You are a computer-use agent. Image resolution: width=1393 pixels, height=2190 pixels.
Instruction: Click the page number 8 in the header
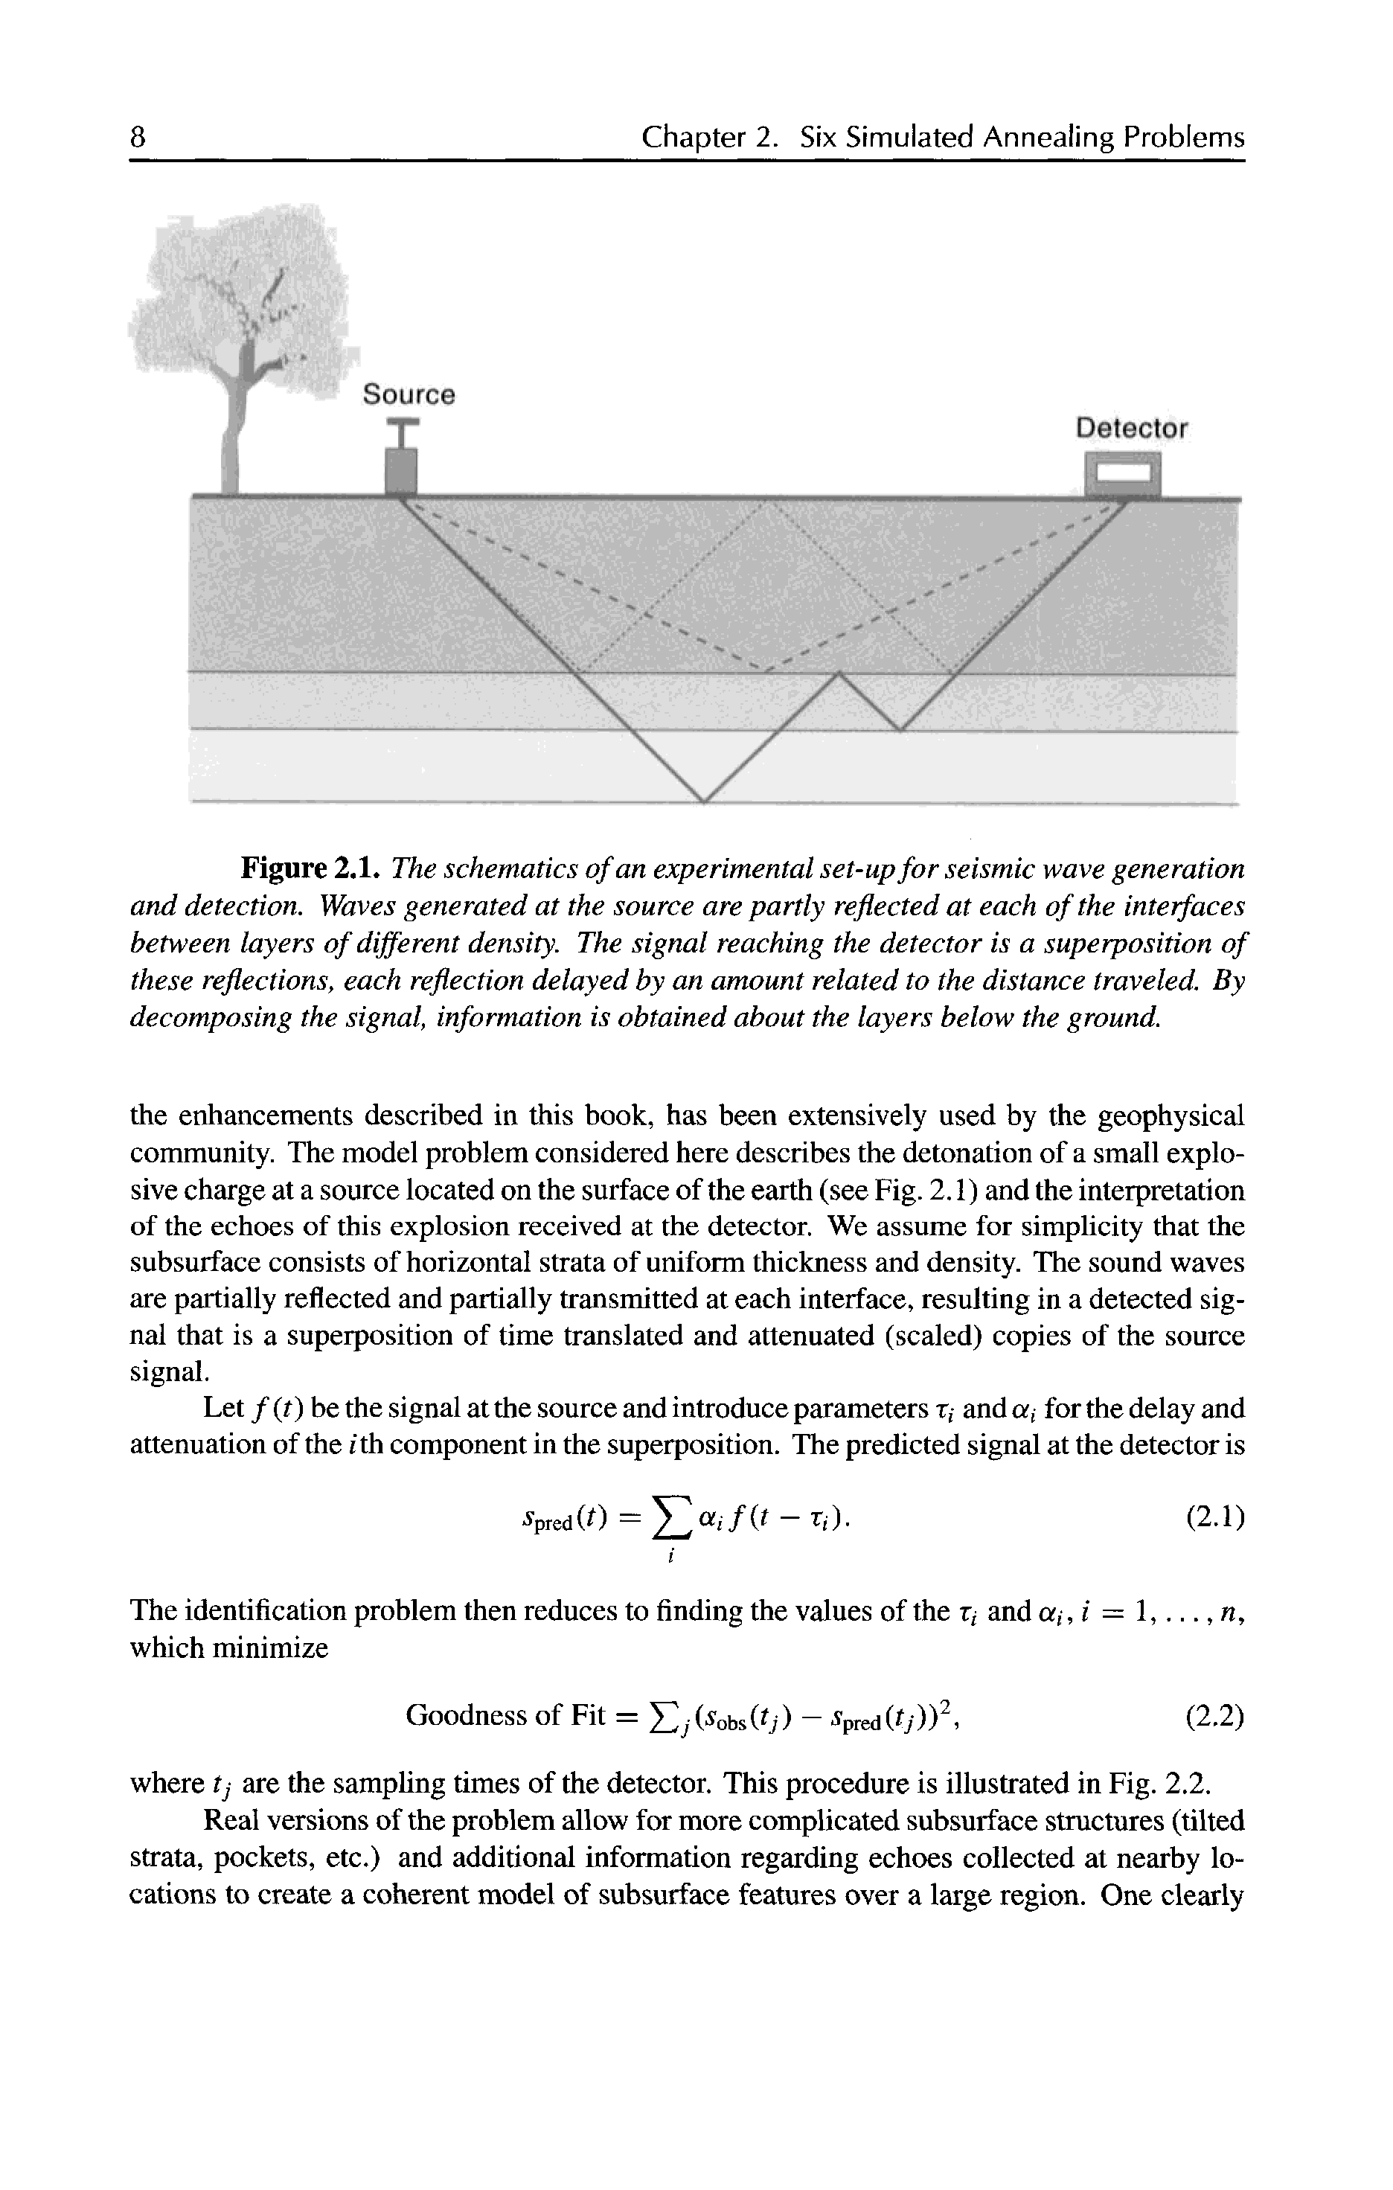[x=138, y=138]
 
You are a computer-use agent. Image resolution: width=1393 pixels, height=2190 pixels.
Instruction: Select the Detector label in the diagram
[x=1131, y=429]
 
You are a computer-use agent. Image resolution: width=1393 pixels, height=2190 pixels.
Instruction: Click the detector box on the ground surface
[x=1123, y=474]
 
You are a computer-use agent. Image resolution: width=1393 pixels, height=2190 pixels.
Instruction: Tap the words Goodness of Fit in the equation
[x=505, y=1716]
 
